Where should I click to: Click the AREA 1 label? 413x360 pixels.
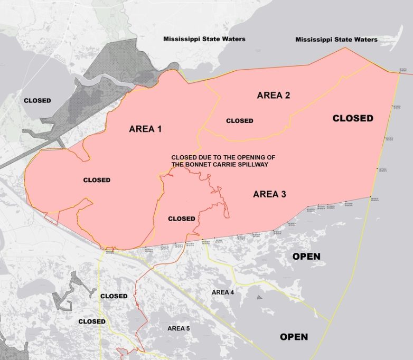145,129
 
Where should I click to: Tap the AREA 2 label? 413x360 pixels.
273,96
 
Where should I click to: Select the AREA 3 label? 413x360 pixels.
269,194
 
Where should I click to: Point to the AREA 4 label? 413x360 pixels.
223,292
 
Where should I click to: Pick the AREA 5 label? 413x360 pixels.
179,328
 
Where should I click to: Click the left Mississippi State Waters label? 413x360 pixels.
204,39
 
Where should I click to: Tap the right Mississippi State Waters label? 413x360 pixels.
336,40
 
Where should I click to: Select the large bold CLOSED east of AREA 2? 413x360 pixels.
353,118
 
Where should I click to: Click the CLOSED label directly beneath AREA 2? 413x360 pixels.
240,121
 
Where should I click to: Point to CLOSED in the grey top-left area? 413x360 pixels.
37,100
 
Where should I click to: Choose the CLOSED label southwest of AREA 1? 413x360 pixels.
97,180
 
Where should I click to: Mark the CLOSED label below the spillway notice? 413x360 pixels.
181,219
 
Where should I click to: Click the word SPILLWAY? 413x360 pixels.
251,165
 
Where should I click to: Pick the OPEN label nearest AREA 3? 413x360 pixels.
306,257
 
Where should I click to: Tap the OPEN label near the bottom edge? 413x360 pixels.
294,337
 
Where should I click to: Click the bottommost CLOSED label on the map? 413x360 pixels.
92,321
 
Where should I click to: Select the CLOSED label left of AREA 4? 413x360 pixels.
114,296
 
